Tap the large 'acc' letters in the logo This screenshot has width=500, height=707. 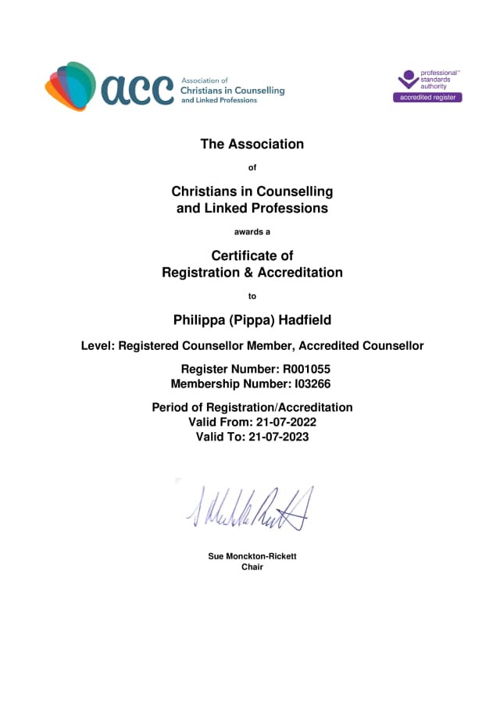point(137,90)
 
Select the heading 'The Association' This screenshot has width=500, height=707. point(252,144)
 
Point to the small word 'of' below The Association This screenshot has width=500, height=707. point(252,167)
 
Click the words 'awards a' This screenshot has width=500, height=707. point(252,231)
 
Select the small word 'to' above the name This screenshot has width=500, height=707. point(252,296)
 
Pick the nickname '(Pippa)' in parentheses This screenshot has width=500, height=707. point(248,320)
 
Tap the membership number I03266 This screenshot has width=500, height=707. point(309,384)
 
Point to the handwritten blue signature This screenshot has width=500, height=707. point(250,508)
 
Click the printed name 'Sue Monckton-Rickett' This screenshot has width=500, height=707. point(252,556)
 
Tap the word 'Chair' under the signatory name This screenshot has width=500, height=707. point(252,567)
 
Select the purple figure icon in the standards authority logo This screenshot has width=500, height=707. point(408,80)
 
